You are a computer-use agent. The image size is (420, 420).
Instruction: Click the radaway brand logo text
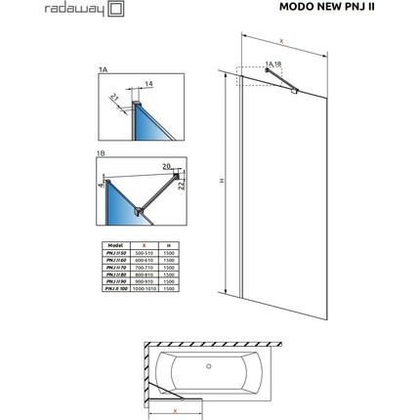(36, 15)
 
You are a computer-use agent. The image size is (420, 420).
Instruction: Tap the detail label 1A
(105, 70)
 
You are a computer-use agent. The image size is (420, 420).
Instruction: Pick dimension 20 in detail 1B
(168, 166)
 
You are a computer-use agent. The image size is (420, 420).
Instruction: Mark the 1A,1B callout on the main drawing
(274, 63)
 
